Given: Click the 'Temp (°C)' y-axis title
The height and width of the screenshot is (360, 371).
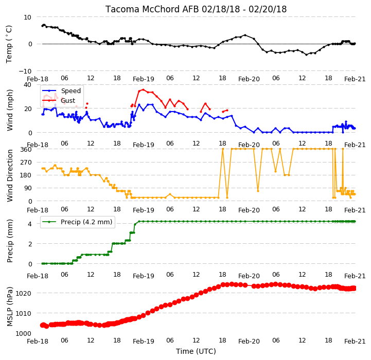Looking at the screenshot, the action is click(9, 44).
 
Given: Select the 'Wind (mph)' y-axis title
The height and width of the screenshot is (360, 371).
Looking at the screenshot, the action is click(9, 110).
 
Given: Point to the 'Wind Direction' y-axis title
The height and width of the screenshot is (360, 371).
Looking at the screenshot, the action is click(9, 175).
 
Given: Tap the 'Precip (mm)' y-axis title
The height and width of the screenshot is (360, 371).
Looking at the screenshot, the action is click(9, 241).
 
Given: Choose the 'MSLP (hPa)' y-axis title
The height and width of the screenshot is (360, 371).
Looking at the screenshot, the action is click(9, 307).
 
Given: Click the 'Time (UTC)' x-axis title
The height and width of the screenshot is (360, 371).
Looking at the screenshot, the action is click(196, 351).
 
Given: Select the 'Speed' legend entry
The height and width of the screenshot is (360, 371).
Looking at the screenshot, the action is click(70, 91).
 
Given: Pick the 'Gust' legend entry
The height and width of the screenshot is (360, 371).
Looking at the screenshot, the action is click(68, 100).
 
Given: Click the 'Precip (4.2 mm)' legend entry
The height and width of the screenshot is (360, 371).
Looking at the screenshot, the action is click(86, 222).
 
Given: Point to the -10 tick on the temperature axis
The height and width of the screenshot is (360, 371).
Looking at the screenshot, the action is click(25, 71).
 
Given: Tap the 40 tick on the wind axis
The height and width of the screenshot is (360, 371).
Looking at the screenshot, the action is click(28, 85).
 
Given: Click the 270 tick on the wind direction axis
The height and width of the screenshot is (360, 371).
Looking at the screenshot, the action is click(26, 163).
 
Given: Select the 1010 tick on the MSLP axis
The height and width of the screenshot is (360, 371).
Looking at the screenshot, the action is click(24, 313).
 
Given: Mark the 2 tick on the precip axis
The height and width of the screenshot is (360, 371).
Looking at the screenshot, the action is click(30, 244).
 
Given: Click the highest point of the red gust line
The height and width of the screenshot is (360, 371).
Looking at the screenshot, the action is click(143, 89).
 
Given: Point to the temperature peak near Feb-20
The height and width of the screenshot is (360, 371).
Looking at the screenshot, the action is click(245, 35).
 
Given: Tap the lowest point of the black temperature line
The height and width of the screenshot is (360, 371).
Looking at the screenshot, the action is click(307, 55).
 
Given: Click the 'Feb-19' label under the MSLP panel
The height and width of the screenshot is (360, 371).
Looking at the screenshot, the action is click(144, 341).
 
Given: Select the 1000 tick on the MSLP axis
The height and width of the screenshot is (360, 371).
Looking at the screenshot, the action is click(24, 333).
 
